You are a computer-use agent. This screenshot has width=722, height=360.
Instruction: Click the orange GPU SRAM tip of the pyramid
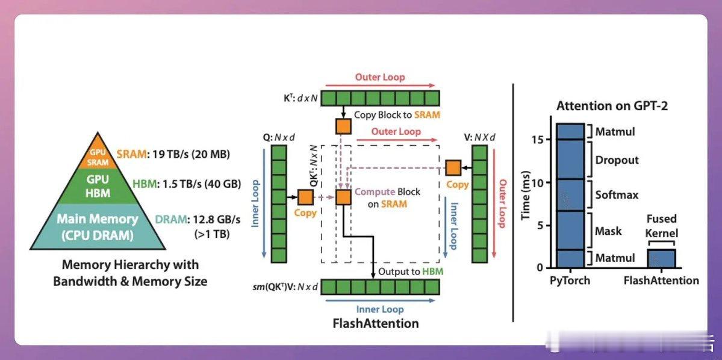click(98, 154)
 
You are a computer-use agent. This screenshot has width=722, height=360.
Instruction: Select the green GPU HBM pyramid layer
click(98, 185)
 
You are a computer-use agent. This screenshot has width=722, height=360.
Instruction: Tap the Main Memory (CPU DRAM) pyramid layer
click(98, 226)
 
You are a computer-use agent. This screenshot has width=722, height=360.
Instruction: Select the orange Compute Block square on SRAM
click(343, 197)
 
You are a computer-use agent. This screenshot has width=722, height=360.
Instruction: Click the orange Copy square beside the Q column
click(305, 197)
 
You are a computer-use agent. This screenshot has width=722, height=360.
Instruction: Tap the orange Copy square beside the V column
click(453, 168)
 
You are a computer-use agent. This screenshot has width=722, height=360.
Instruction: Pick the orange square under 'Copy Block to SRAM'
click(343, 126)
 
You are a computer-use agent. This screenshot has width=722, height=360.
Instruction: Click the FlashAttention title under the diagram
click(376, 323)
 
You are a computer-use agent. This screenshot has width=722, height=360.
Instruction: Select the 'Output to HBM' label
click(411, 272)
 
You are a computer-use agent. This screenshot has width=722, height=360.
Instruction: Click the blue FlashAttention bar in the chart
click(661, 258)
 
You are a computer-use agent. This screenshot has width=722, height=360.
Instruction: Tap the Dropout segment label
click(617, 160)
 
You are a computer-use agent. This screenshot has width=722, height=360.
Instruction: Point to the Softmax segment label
click(617, 195)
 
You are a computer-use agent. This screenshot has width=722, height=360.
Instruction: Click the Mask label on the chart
click(609, 231)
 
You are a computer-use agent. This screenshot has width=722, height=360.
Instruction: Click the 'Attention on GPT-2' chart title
click(612, 106)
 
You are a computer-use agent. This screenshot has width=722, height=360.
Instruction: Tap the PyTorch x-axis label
click(570, 281)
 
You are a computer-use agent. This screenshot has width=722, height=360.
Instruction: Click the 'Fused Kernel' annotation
click(661, 225)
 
